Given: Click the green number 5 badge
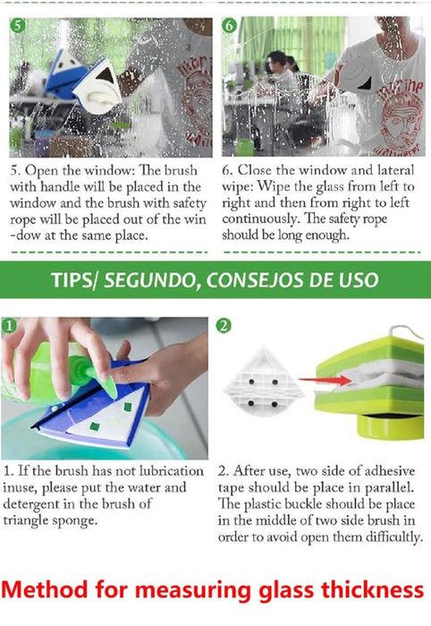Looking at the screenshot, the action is pos(17,26).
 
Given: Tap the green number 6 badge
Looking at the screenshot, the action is pos(229,26).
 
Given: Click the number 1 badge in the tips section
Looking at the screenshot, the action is pos(9,325).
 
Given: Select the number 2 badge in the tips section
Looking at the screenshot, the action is pos(224,326).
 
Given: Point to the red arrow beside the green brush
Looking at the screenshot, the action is pos(325,381).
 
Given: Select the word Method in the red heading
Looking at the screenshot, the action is pos(44,590).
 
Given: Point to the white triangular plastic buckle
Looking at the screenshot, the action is pos(264,381).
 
